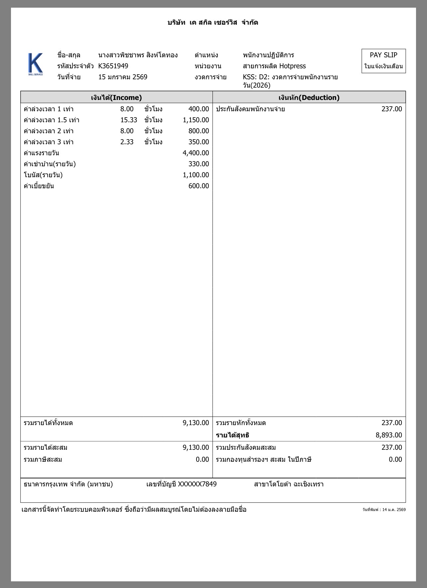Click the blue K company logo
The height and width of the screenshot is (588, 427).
point(35,64)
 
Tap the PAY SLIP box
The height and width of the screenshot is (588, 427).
point(383,61)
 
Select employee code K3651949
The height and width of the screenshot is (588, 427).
point(113,66)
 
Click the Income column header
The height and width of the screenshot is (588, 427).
point(116,97)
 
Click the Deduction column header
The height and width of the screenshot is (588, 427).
point(309,97)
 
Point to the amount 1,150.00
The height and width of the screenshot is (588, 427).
point(196,120)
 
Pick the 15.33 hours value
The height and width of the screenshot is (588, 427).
point(129,120)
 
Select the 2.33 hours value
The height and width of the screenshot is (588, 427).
point(127,142)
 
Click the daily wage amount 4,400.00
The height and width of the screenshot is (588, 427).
point(196,153)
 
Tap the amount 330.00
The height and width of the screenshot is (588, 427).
point(199,164)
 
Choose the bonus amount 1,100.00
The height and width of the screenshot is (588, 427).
point(196,175)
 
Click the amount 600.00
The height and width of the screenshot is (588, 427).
point(199,186)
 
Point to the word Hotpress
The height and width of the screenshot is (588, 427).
point(292,66)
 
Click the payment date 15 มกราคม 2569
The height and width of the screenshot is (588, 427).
point(123,77)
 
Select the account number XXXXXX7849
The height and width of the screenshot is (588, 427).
point(197,484)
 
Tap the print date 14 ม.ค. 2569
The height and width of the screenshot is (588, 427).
point(394,509)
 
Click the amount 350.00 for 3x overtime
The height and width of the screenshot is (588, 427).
point(199,142)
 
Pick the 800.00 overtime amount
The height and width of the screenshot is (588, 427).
point(199,131)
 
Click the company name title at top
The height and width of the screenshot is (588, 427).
point(213,23)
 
